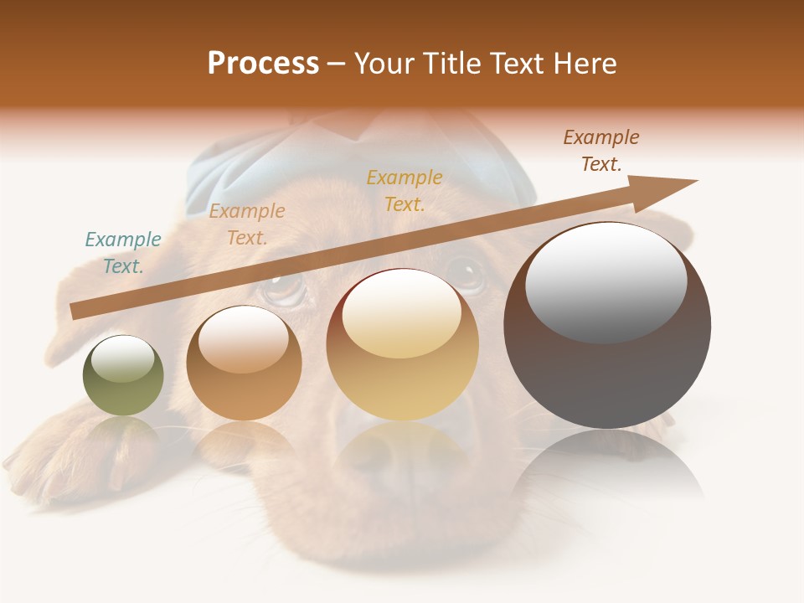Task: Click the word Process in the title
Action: [x=263, y=64]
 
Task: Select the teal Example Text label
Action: [x=123, y=253]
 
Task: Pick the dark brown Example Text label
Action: [x=601, y=151]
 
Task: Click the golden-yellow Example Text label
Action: [x=405, y=191]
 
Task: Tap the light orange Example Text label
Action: [x=247, y=224]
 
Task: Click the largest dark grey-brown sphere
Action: [x=607, y=368]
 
